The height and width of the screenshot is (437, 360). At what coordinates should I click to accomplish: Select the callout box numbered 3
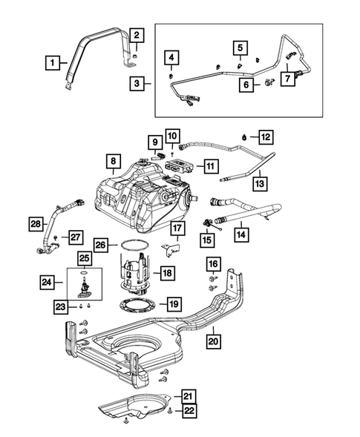click(x=137, y=85)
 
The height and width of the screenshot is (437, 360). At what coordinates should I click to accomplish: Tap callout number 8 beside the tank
click(x=113, y=160)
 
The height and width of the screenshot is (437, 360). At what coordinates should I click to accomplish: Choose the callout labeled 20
click(x=213, y=341)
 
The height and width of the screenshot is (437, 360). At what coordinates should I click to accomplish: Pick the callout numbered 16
click(x=213, y=263)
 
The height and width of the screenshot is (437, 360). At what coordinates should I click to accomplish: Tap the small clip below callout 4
click(x=171, y=75)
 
